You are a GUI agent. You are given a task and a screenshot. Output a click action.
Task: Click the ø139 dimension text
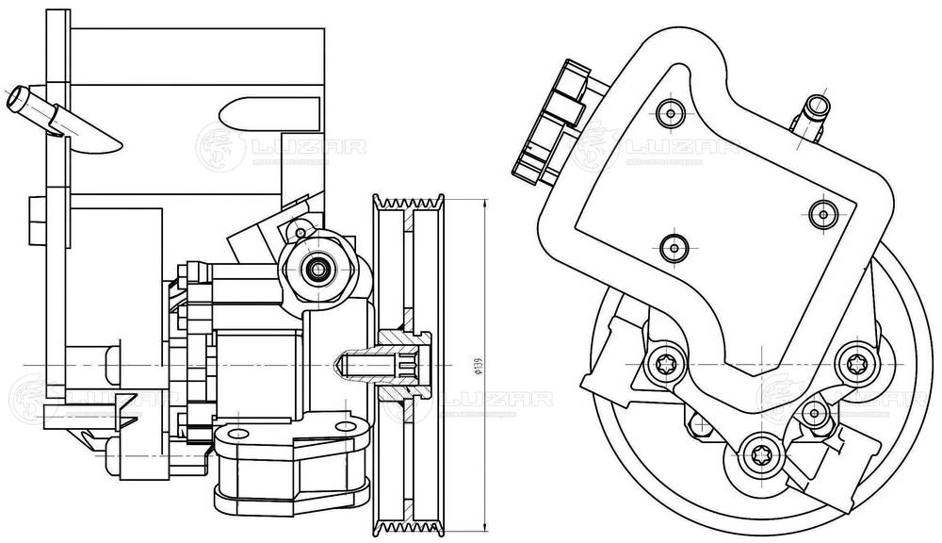tap(478, 364)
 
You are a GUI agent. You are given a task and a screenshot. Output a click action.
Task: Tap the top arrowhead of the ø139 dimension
tap(484, 203)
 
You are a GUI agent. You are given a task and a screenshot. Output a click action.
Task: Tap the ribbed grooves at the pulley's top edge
tap(410, 200)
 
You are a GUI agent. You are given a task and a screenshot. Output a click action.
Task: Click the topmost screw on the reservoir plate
tap(670, 112)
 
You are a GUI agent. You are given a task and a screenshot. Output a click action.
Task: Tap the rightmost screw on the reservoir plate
tap(823, 213)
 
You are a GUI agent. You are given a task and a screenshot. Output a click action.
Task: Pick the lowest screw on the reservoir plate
tap(672, 248)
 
